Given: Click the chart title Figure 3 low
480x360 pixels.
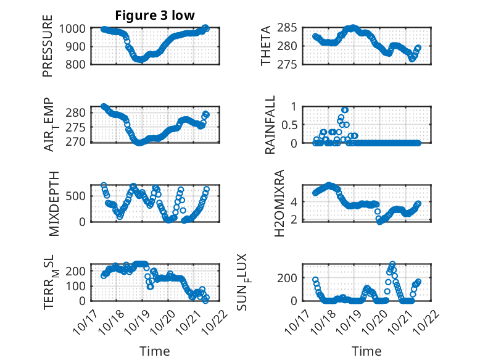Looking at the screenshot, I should (x=155, y=15).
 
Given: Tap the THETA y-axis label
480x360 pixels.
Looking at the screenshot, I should (x=267, y=47).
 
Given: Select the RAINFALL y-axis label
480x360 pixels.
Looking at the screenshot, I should (x=270, y=126).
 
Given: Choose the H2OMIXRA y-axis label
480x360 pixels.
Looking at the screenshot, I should (x=278, y=203).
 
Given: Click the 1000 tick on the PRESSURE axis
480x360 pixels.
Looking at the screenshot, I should (x=76, y=29).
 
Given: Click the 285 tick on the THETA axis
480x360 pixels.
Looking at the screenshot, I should (x=292, y=27).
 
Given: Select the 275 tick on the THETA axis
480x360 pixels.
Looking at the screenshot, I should (x=292, y=64).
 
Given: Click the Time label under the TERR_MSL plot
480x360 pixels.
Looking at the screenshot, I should (x=155, y=351).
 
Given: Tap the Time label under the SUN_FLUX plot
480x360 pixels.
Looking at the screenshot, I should (x=366, y=351).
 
